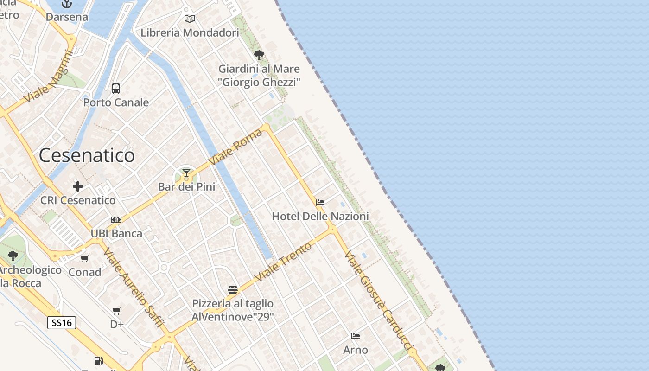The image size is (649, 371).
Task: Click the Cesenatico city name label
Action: point(87,155)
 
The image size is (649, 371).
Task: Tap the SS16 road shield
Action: point(61,323)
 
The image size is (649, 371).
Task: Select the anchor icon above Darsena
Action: point(67,4)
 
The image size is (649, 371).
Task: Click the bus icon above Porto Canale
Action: point(116,88)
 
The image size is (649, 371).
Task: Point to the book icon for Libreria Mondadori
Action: point(190,19)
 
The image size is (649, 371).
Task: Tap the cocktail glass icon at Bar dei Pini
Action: point(186,173)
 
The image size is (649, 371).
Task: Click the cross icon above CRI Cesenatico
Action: point(78,186)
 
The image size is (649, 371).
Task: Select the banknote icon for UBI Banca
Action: point(116,220)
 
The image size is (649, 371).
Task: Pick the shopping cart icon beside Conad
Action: point(84,259)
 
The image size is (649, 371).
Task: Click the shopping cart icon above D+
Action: point(117,311)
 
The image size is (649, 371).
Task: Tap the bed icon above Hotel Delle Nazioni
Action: point(320,203)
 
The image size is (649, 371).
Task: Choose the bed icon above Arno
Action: point(356,336)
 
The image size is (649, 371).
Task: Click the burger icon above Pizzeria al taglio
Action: point(233,290)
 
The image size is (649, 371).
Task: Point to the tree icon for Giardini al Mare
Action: point(259,55)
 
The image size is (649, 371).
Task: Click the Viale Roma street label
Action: point(235,147)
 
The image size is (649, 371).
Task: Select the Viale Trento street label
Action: point(284,262)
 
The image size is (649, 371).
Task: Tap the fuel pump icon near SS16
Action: point(99,360)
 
